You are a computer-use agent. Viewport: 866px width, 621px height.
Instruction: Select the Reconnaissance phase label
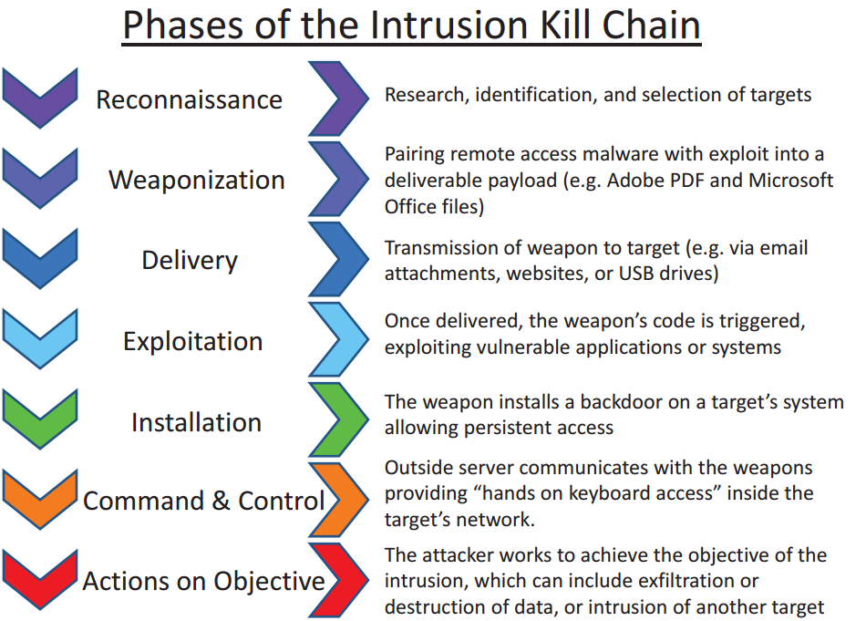[190, 99]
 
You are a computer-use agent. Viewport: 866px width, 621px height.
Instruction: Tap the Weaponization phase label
[197, 180]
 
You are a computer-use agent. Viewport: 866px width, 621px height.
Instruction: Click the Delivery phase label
[190, 261]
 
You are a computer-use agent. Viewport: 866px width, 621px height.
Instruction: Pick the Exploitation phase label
[193, 342]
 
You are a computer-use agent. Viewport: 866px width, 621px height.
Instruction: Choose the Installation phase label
[196, 422]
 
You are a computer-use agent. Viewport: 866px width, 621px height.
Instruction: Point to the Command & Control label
[203, 501]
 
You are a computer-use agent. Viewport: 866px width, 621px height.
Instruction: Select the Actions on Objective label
[203, 581]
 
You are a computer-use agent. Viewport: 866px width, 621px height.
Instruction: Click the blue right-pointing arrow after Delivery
[338, 260]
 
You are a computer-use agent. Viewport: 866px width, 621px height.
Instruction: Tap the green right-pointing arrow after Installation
[338, 420]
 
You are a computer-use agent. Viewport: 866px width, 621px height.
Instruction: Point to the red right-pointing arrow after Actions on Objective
[338, 581]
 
